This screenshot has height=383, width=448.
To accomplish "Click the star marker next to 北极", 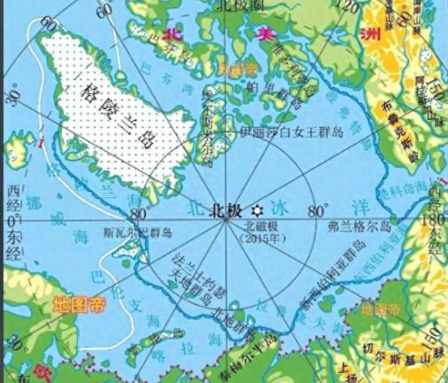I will click(x=257, y=211).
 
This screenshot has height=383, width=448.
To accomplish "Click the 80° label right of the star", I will click(x=317, y=211).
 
